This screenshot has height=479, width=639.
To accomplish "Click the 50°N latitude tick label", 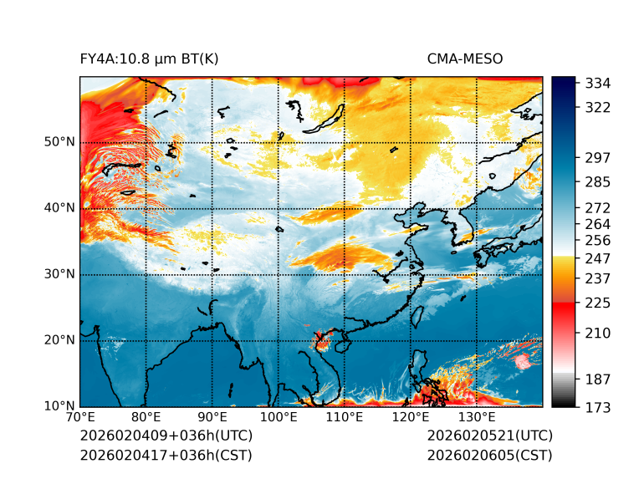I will (59, 141).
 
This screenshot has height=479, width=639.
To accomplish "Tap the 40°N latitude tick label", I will (59, 207).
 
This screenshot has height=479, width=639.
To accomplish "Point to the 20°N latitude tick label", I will (59, 339).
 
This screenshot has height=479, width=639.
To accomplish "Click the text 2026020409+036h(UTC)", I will (166, 436).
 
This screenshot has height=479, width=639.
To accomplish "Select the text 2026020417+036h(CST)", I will (166, 455).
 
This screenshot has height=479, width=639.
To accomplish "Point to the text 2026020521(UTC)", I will (489, 436).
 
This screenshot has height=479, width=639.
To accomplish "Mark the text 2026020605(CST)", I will (489, 455).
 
